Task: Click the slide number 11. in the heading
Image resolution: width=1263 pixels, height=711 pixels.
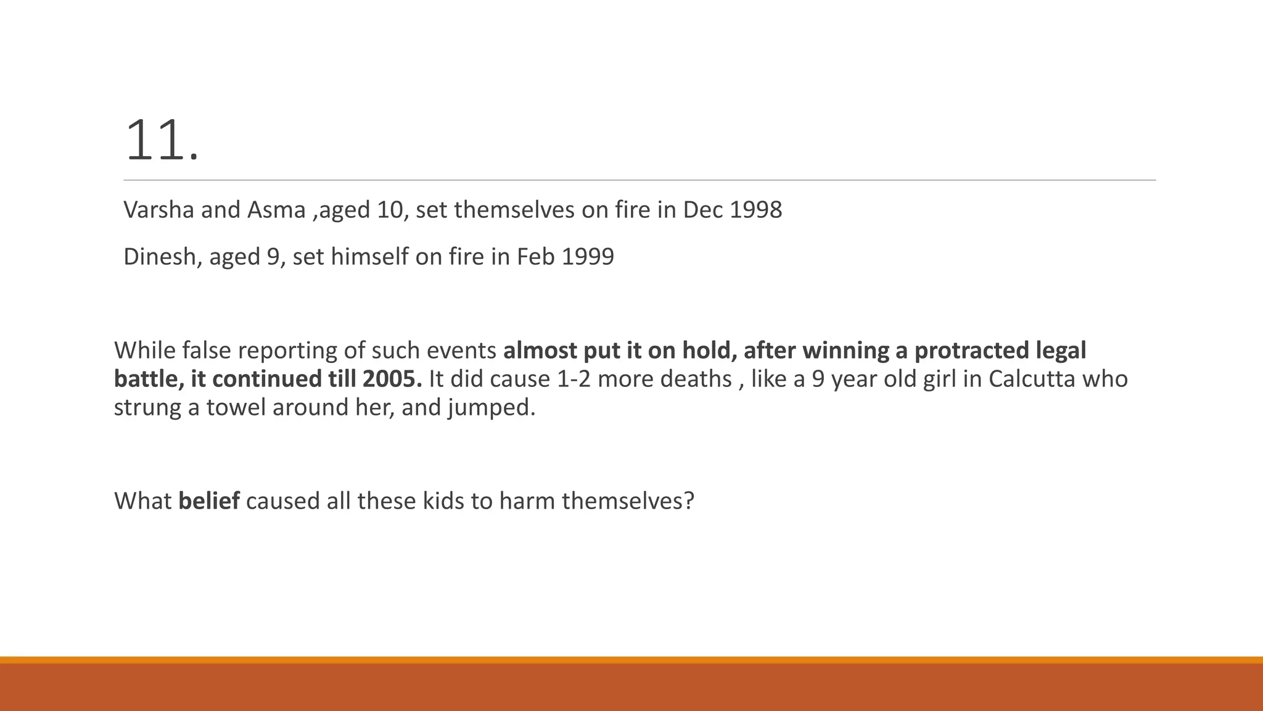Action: (162, 142)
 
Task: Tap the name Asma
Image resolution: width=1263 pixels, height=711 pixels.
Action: (276, 210)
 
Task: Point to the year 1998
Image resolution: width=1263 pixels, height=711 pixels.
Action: (756, 210)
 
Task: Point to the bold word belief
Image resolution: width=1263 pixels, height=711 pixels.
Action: (208, 501)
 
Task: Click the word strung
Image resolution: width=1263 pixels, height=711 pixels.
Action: (147, 409)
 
